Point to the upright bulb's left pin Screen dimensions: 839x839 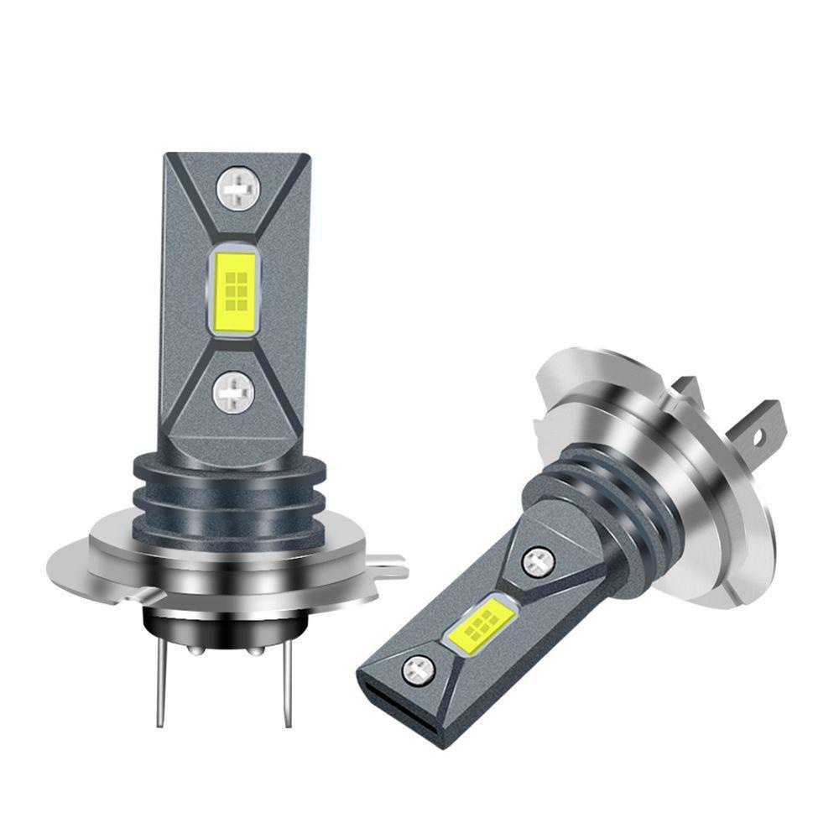tap(159, 688)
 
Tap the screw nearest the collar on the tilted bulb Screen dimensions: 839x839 tap(538, 560)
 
